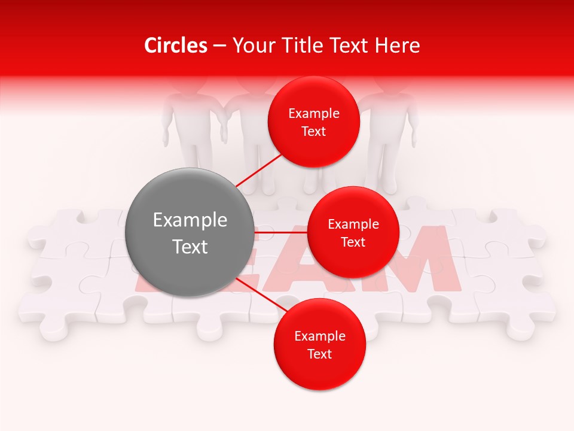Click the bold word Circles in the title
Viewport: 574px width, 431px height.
[176, 45]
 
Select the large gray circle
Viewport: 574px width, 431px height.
[190, 232]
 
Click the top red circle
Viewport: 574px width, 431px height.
[314, 122]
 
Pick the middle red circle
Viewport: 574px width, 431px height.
[353, 232]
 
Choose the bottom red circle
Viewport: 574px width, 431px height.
[319, 344]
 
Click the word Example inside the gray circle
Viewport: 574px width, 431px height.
[190, 220]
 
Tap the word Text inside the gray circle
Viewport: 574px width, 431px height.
[190, 247]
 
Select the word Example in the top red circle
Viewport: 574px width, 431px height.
[314, 113]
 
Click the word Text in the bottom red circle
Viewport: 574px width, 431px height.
[319, 354]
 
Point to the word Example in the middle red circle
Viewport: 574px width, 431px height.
[353, 224]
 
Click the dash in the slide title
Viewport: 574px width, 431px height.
[219, 46]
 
